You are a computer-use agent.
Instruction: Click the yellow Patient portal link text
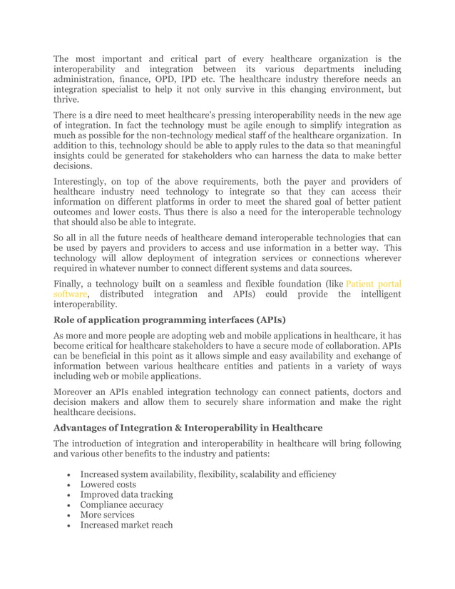click(x=374, y=283)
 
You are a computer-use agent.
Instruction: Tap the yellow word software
click(x=71, y=294)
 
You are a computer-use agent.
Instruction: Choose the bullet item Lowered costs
click(x=109, y=484)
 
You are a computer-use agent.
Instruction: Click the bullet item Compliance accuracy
click(x=121, y=505)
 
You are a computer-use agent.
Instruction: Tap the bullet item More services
click(x=107, y=515)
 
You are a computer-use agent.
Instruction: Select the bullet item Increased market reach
click(x=126, y=526)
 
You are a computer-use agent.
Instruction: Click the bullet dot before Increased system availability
click(x=67, y=475)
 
